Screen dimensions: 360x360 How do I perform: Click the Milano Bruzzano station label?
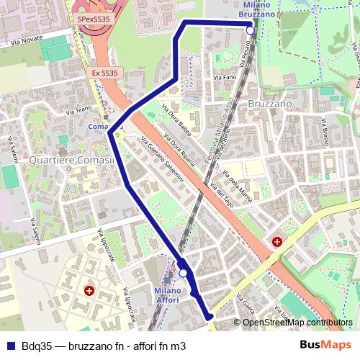click(x=257, y=9)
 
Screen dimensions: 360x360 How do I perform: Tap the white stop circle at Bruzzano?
click(x=250, y=30)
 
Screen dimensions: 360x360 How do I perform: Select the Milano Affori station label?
click(x=167, y=294)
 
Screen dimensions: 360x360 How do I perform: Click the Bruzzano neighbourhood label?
click(x=269, y=104)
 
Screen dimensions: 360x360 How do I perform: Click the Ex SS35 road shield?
click(x=105, y=73)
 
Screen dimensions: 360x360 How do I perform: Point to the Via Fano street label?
click(x=225, y=76)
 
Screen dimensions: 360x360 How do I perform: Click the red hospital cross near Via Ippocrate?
click(x=89, y=291)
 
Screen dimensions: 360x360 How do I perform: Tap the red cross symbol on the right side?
click(x=277, y=242)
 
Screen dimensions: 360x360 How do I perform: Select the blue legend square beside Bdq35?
click(x=9, y=346)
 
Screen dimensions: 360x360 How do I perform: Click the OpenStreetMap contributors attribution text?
click(x=297, y=323)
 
